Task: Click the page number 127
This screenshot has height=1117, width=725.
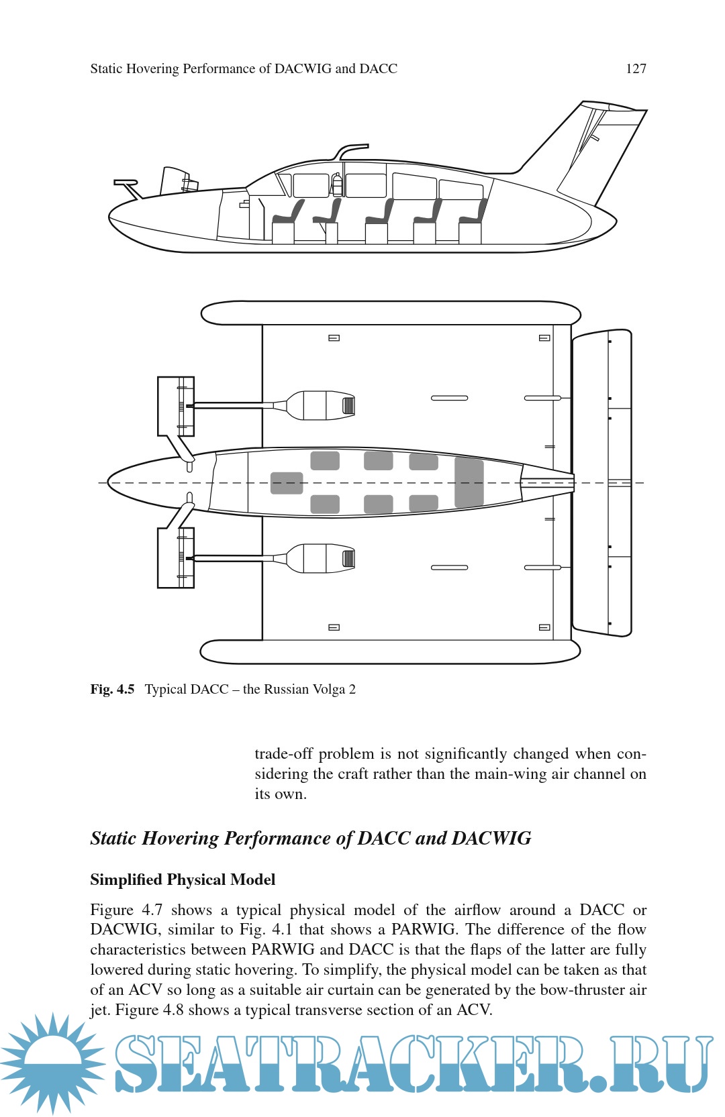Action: point(635,68)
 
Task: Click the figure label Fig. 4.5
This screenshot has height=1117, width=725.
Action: point(112,689)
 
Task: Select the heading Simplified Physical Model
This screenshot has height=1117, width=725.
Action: point(183,880)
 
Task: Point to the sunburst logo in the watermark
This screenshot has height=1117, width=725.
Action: point(52,1063)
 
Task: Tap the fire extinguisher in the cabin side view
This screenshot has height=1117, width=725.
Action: point(337,184)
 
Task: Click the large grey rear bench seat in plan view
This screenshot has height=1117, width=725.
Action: point(469,482)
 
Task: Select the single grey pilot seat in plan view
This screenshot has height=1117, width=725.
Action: point(287,483)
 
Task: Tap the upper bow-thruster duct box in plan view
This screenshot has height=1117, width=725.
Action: point(176,407)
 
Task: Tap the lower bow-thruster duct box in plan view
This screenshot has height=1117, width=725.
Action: point(176,558)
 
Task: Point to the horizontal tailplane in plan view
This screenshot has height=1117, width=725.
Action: point(601,483)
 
